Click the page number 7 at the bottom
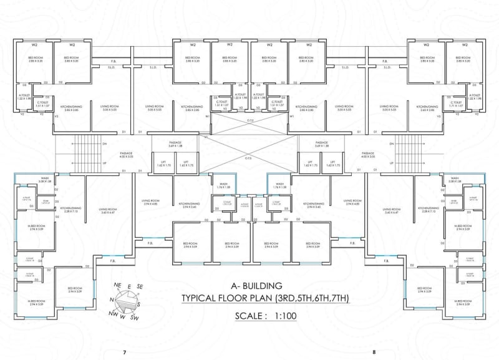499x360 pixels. pos(125,353)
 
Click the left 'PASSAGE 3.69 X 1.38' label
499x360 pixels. pos(175,144)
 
